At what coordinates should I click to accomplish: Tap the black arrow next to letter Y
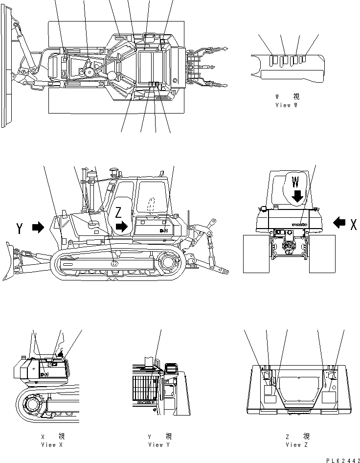(38, 227)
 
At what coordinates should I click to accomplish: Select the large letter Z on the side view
(118, 213)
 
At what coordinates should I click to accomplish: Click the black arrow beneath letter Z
(122, 226)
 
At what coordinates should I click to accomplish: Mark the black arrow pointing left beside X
(338, 223)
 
